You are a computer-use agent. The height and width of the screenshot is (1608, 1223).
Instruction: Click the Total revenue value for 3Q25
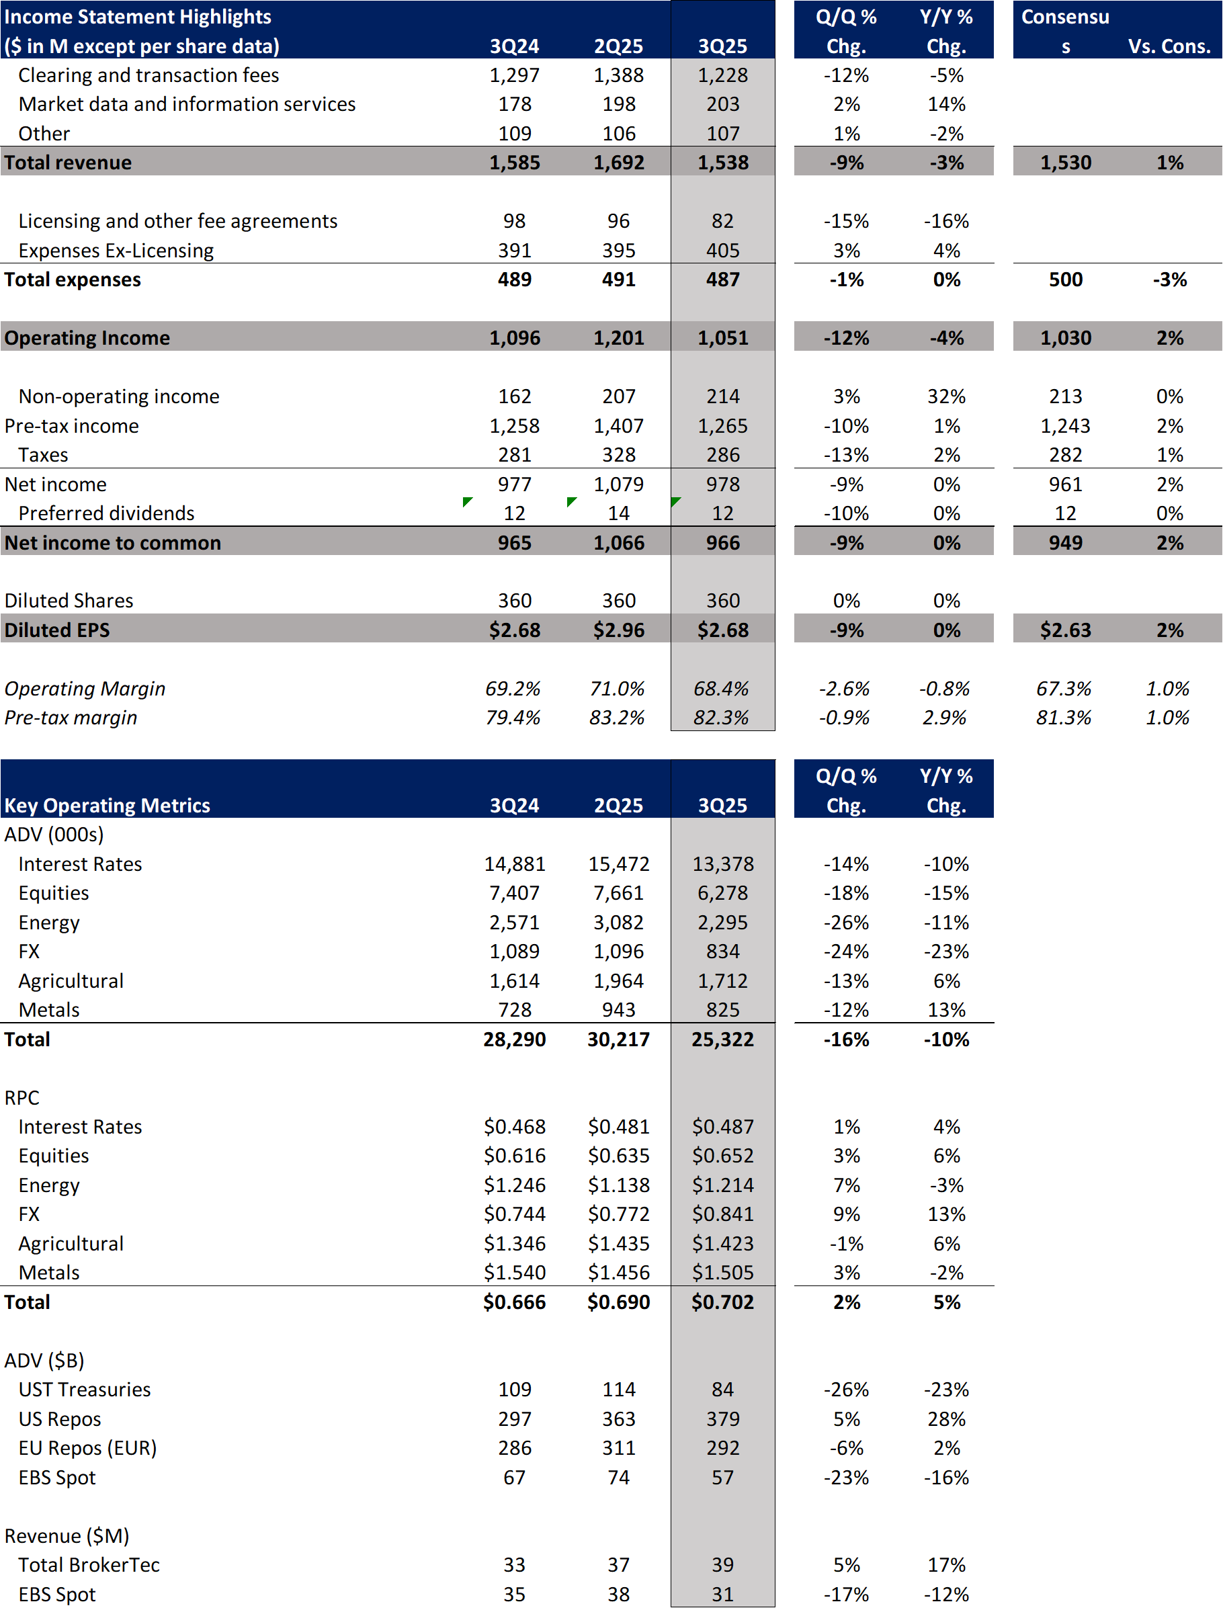click(x=722, y=163)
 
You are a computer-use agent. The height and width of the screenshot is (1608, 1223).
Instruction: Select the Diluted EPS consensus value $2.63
click(x=1065, y=630)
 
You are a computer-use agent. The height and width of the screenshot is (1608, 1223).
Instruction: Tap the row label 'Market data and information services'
click(x=187, y=104)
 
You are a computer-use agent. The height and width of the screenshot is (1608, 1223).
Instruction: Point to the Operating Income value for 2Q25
click(x=618, y=338)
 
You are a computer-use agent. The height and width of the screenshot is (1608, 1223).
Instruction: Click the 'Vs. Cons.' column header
click(x=1169, y=46)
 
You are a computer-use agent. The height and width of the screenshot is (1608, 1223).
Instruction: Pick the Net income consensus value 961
click(x=1065, y=484)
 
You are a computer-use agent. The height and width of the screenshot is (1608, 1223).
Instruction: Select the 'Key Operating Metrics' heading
click(x=107, y=805)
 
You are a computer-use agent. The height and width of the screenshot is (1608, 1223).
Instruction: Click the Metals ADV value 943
click(x=618, y=1010)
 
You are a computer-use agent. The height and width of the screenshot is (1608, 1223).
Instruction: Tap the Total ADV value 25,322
click(x=722, y=1040)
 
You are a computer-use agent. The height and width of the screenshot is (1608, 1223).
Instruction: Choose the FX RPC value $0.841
click(x=722, y=1214)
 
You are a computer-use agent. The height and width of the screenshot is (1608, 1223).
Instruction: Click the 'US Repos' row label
click(x=60, y=1419)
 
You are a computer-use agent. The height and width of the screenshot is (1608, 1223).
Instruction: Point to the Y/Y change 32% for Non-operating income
click(x=946, y=396)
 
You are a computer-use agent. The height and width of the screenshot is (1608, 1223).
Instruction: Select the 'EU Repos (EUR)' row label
click(x=87, y=1448)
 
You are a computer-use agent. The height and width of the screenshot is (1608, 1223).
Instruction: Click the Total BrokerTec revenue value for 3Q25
click(x=722, y=1565)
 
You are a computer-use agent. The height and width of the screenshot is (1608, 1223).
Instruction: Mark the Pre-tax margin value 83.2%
click(x=617, y=718)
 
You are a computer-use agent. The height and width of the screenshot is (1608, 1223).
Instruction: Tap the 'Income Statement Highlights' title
click(x=138, y=17)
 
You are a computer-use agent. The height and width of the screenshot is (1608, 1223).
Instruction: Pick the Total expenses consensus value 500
click(x=1065, y=280)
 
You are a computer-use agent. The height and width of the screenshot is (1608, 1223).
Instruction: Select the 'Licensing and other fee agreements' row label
click(x=177, y=221)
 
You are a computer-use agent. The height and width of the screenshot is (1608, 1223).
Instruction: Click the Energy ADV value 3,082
click(x=618, y=923)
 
